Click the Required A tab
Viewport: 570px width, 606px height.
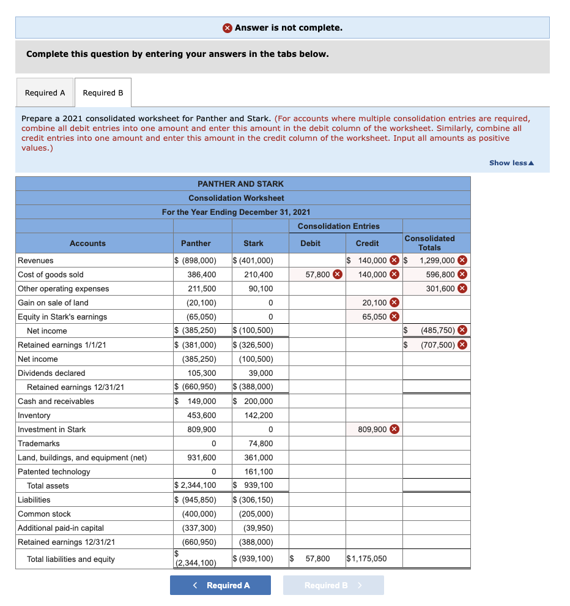tap(45, 93)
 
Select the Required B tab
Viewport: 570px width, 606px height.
tap(103, 93)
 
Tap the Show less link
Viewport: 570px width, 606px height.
tap(511, 163)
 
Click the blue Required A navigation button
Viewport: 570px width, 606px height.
tap(220, 585)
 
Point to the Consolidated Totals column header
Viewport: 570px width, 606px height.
tap(429, 243)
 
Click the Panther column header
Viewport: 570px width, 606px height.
tap(196, 243)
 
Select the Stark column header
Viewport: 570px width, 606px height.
tap(253, 243)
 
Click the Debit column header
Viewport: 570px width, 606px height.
tap(310, 243)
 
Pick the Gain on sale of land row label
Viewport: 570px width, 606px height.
tap(53, 302)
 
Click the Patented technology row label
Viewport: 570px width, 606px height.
tap(54, 471)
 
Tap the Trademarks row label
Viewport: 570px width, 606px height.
tap(39, 443)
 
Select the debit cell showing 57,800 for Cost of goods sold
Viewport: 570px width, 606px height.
tap(318, 274)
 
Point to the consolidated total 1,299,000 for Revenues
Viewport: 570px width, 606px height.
tap(437, 260)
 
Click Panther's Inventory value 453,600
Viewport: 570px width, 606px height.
tap(201, 415)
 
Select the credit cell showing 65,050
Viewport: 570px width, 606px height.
tap(374, 316)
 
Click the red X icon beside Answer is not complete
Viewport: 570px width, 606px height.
tap(228, 28)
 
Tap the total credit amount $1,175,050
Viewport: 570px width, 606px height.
tap(366, 558)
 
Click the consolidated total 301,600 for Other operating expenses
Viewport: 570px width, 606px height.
tap(440, 288)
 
